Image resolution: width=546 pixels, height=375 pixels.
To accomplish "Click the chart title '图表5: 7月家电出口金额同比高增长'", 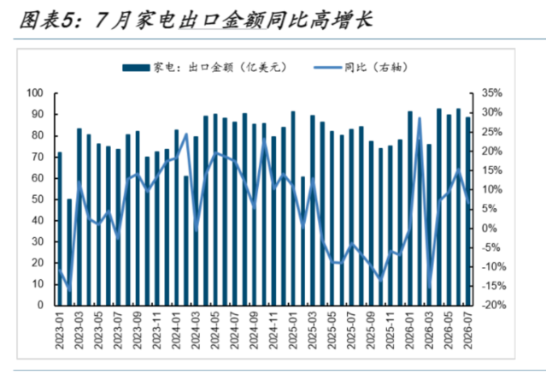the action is tap(196, 20).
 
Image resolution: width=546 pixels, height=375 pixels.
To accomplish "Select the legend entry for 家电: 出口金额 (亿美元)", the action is tap(204, 67).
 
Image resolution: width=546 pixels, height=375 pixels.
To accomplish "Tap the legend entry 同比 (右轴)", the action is tap(361, 67).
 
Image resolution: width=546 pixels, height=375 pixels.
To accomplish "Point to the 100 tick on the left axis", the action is tap(35, 93).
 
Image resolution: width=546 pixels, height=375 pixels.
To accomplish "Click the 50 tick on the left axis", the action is tap(38, 199).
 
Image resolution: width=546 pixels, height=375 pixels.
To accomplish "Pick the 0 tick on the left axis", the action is tap(40, 306).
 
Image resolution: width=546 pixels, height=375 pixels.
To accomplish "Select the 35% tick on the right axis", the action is tap(491, 93).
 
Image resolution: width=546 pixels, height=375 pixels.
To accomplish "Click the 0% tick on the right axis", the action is tap(490, 229).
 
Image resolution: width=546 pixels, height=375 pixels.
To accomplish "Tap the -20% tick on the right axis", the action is tap(494, 306).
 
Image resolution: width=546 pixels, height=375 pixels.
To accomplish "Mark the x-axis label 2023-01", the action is tap(60, 330).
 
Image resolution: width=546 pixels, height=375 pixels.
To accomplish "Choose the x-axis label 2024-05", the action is tap(215, 330).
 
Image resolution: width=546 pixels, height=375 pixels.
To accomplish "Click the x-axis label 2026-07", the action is tap(468, 330).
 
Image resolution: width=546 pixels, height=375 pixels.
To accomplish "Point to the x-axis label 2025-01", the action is tap(293, 330).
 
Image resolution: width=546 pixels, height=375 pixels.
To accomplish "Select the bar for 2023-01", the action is tap(60, 229).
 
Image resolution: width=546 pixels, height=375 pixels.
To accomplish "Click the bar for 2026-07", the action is tap(468, 211).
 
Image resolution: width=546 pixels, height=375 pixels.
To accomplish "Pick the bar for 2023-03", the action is tap(79, 217).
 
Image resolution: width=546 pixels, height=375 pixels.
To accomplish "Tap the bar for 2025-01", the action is tap(293, 209).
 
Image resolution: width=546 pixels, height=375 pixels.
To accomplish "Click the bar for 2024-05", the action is tap(215, 210).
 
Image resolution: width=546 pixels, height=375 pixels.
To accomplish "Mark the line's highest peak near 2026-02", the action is tap(420, 119).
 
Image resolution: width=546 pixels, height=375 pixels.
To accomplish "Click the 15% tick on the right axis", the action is tap(491, 170).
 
